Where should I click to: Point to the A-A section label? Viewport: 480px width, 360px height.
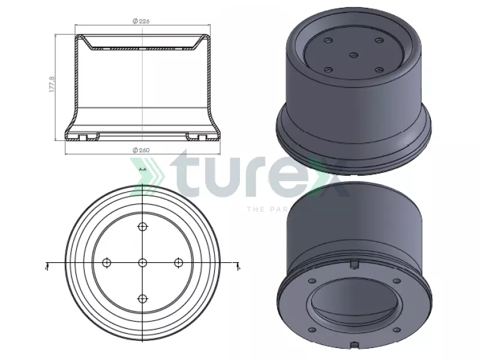coord(143,170)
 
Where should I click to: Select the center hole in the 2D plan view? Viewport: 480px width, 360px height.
coord(142,263)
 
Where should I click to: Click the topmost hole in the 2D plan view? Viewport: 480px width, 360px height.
coord(142,226)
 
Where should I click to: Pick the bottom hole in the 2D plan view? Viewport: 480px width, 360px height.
coord(142,299)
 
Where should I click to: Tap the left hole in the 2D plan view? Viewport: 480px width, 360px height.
coord(107,263)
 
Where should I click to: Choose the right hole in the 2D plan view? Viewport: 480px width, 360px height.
coord(178,263)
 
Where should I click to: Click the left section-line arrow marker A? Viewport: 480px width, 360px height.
coord(47,266)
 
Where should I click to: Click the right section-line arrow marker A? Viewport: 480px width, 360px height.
coord(238,266)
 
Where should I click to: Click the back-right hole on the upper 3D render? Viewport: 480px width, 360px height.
coord(379,41)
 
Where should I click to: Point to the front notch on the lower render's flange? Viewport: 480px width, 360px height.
coord(355,344)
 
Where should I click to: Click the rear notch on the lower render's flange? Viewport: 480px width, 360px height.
coord(354,264)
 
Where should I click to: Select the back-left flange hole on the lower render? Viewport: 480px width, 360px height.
coord(312,280)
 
